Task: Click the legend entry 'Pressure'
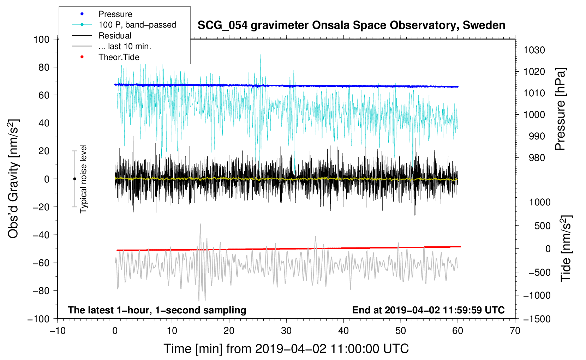pyautogui.click(x=115, y=14)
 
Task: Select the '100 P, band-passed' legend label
pyautogui.click(x=137, y=25)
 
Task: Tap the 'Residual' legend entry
pyautogui.click(x=115, y=36)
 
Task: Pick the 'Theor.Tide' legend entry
pyautogui.click(x=119, y=57)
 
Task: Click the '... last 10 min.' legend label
pyautogui.click(x=125, y=46)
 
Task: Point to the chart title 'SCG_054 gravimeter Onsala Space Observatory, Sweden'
pyautogui.click(x=351, y=25)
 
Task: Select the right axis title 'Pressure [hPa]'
pyautogui.click(x=560, y=109)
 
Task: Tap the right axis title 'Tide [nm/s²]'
pyautogui.click(x=566, y=248)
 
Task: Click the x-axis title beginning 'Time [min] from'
pyautogui.click(x=286, y=349)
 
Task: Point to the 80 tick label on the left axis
pyautogui.click(x=44, y=67)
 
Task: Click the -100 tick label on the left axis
pyautogui.click(x=38, y=319)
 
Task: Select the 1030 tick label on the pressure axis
pyautogui.click(x=534, y=50)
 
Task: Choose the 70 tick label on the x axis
pyautogui.click(x=515, y=331)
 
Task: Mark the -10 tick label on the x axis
pyautogui.click(x=58, y=331)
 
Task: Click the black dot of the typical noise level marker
pyautogui.click(x=74, y=179)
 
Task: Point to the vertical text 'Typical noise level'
pyautogui.click(x=83, y=179)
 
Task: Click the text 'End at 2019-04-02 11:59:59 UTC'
pyautogui.click(x=428, y=310)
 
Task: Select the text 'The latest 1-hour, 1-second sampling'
pyautogui.click(x=157, y=310)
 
